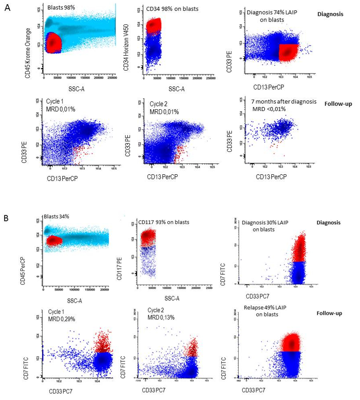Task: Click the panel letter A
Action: click(x=7, y=8)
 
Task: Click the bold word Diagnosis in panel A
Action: click(x=330, y=14)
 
